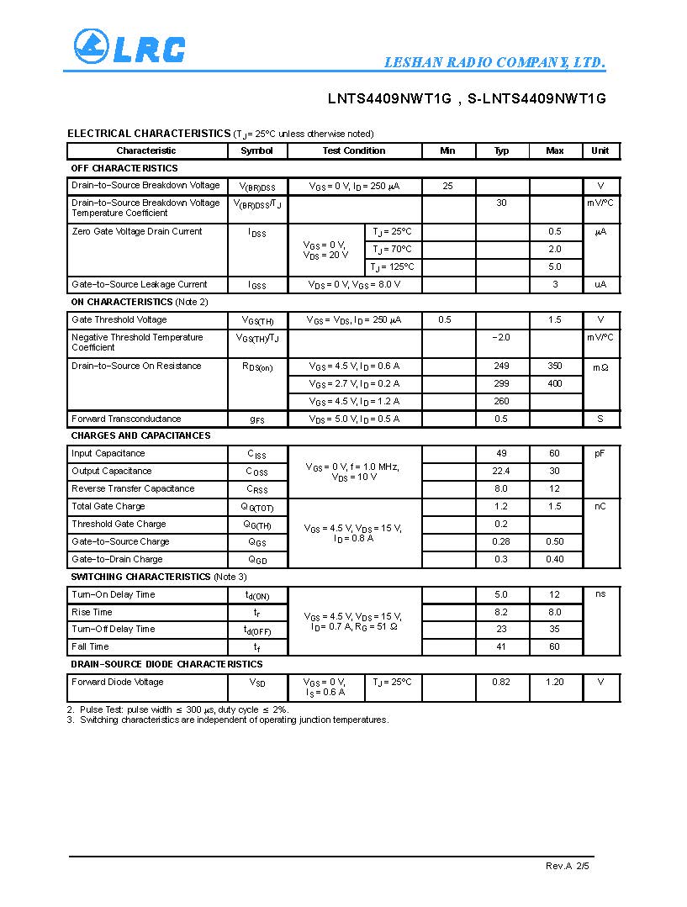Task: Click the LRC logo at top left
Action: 129,47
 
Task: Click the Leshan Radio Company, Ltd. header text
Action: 494,63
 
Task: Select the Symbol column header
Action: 256,151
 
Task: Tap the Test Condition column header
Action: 354,151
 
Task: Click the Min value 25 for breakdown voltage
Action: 447,186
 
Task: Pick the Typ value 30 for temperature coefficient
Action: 501,203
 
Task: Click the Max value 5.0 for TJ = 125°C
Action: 554,267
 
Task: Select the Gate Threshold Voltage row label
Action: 119,320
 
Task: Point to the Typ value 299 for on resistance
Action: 501,384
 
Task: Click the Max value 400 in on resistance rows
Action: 554,384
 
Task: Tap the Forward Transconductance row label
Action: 126,419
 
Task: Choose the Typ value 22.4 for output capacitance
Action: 501,472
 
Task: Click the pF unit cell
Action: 600,454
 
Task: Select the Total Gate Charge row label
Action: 108,507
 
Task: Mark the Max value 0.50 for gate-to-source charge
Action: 554,542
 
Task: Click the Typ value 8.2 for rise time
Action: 501,613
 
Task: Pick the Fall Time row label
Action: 90,647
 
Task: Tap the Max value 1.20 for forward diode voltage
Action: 554,683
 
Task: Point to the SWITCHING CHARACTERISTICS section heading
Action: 140,577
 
